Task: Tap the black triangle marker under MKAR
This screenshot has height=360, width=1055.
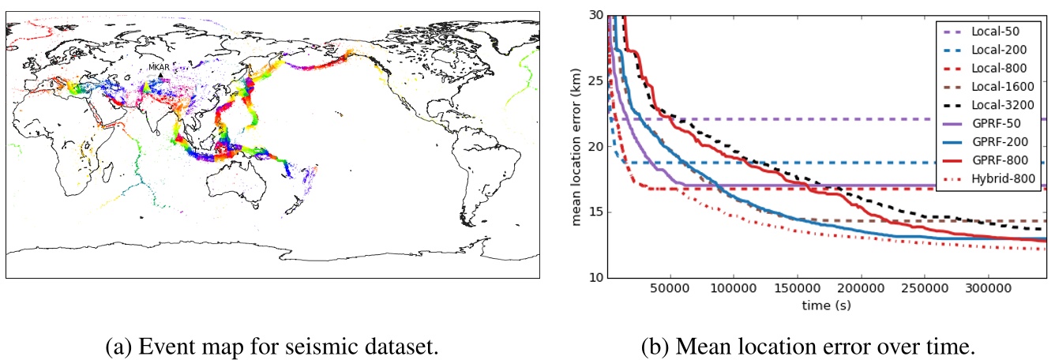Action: [160, 76]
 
